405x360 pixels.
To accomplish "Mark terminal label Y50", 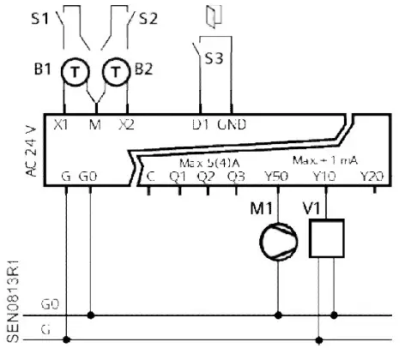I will (x=277, y=177).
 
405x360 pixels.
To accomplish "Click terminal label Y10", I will (x=323, y=177).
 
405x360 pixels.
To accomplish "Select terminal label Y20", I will (x=371, y=177).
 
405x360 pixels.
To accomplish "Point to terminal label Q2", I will (x=205, y=177).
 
